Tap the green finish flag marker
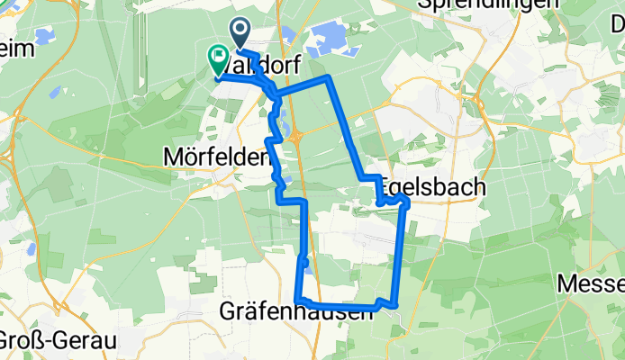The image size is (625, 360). pos(218,59)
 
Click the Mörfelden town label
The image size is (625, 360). pos(216,157)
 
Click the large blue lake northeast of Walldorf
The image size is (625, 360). pos(326,39)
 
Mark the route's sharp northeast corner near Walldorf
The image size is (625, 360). pos(330,79)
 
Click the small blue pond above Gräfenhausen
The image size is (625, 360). pos(309,264)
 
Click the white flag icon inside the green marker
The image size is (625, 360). pos(218,56)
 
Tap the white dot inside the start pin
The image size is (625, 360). pos(242,30)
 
